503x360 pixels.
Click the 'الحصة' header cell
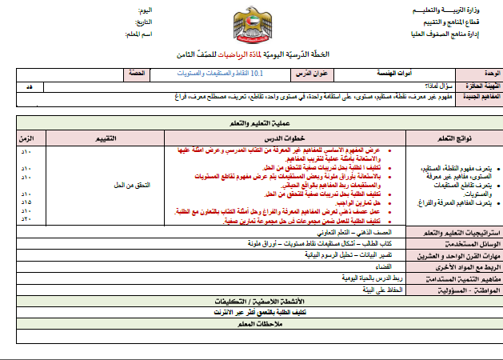pos(136,74)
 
